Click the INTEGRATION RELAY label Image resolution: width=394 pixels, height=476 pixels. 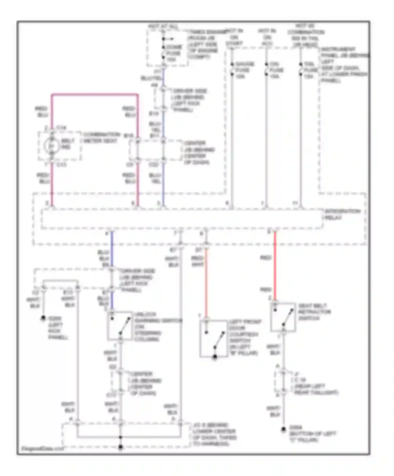pyautogui.click(x=342, y=214)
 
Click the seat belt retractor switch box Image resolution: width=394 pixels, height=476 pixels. pyautogui.click(x=283, y=317)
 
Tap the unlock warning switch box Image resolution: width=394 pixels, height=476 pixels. pyautogui.click(x=120, y=326)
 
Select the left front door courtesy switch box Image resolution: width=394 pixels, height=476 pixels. pyautogui.click(x=213, y=339)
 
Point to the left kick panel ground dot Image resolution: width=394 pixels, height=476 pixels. pyautogui.click(x=43, y=318)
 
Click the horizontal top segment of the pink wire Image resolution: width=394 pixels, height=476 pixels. pyautogui.click(x=95, y=94)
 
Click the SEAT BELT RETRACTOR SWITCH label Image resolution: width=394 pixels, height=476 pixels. pyautogui.click(x=314, y=312)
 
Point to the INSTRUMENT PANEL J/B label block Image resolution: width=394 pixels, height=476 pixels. pyautogui.click(x=344, y=65)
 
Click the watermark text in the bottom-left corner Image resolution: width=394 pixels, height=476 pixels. pyautogui.click(x=42, y=448)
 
